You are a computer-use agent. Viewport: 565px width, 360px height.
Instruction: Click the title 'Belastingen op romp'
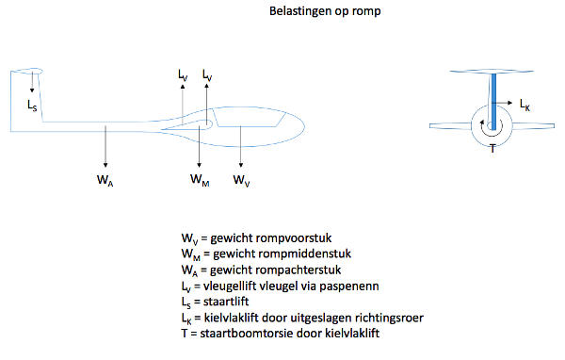tap(325, 11)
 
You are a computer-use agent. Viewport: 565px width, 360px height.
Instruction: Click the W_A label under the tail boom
tap(105, 180)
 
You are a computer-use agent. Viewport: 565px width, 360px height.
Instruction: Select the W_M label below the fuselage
tap(200, 180)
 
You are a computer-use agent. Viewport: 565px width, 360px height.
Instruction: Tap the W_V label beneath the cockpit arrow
tap(241, 180)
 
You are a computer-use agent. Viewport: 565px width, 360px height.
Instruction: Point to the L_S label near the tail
tap(32, 106)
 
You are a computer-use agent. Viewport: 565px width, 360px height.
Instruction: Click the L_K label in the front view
tap(525, 105)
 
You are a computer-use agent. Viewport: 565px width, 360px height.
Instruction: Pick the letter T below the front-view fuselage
tap(492, 148)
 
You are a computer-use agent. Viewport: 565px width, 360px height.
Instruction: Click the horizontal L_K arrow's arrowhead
tap(509, 103)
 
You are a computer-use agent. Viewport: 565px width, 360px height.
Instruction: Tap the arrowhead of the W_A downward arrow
tap(105, 165)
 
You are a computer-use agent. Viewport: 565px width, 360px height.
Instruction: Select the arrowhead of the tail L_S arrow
tap(32, 90)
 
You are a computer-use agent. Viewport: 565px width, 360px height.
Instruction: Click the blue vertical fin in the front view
tap(493, 102)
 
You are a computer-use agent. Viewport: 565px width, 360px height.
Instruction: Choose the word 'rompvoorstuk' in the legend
tap(271, 238)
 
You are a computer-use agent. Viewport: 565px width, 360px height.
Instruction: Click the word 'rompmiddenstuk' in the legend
tap(282, 254)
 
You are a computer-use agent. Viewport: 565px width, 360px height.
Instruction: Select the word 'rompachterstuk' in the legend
tap(276, 270)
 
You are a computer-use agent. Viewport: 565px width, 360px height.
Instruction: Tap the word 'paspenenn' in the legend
tap(349, 286)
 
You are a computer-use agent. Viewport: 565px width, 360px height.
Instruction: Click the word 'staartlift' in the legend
tap(226, 302)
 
